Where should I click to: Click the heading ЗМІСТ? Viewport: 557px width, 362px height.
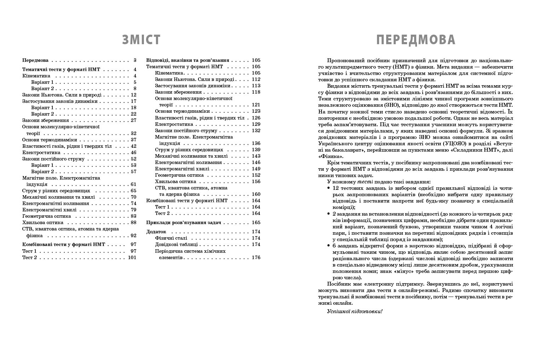point(141,40)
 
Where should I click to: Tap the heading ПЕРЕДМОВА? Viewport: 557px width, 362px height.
point(416,40)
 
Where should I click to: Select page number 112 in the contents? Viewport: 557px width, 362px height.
point(256,79)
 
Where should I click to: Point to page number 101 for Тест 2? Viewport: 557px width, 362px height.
point(132,257)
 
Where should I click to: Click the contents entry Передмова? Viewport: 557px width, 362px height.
point(35,60)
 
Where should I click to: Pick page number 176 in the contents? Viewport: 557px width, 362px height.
point(256,257)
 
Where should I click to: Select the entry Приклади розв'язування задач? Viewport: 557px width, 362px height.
point(184,222)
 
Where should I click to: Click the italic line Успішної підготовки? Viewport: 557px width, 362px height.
point(355,311)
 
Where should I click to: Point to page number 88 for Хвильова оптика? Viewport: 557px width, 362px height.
point(133,222)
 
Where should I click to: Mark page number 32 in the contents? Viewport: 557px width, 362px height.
point(133,133)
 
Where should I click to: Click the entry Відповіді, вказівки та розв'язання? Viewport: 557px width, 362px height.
point(188,60)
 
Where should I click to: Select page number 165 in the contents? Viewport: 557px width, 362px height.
point(256,222)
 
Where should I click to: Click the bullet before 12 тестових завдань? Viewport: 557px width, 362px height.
point(329,188)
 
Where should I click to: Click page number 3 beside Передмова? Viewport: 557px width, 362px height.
point(135,60)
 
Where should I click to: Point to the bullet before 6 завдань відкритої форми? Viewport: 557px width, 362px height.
point(329,246)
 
